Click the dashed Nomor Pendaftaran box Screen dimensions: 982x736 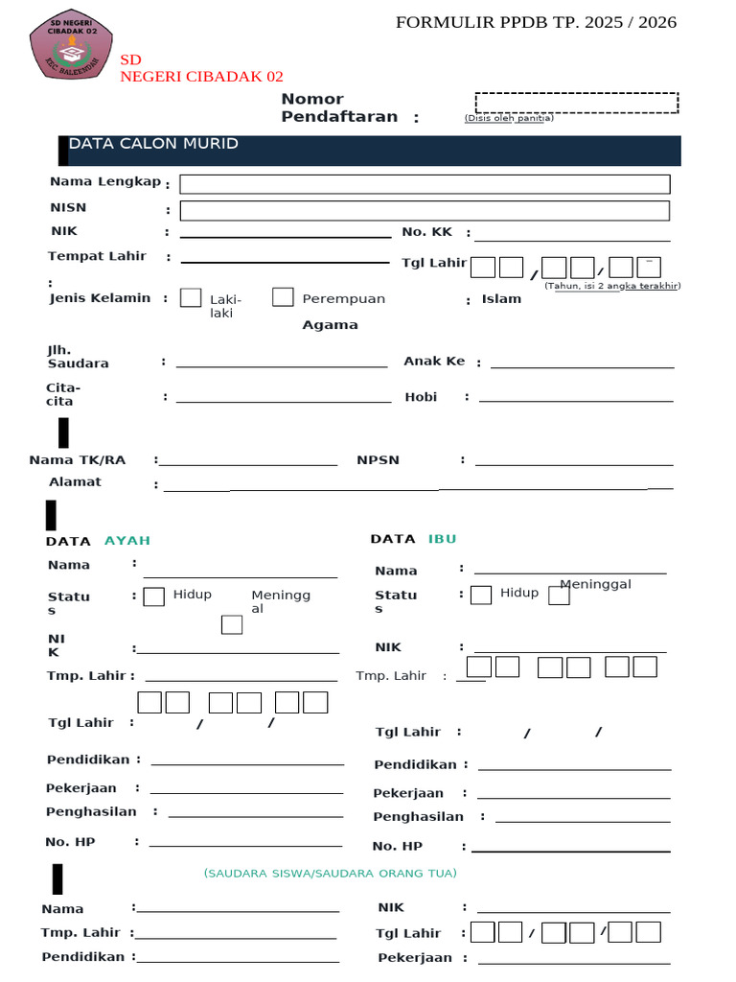point(576,103)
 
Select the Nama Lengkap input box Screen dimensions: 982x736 point(424,184)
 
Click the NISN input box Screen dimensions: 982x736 point(424,211)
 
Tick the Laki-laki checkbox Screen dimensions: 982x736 point(191,297)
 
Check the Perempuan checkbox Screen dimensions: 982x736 point(283,297)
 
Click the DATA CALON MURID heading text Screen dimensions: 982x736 point(153,144)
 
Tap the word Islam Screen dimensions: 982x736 point(501,299)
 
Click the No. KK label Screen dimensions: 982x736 point(426,232)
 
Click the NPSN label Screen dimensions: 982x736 point(378,460)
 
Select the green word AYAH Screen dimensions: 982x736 point(127,541)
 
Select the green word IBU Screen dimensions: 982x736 point(442,539)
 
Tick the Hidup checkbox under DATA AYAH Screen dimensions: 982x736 point(153,597)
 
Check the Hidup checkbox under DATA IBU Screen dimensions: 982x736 point(481,595)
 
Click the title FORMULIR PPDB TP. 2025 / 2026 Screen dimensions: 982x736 point(536,23)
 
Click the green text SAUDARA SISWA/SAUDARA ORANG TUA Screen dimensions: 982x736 point(330,874)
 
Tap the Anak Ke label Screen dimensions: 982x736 point(434,362)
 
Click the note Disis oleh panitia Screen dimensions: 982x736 point(509,119)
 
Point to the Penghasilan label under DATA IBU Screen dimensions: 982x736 point(418,817)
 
